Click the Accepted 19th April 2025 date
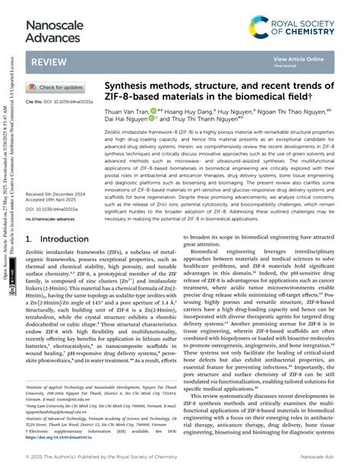click(x=55, y=201)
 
